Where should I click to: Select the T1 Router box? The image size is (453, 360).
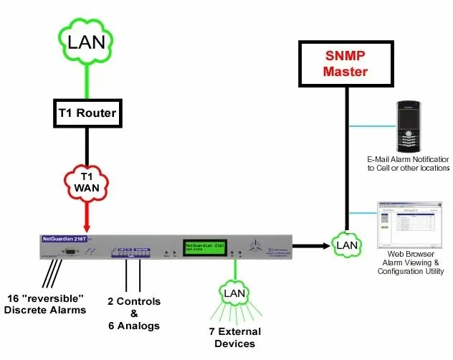pyautogui.click(x=86, y=113)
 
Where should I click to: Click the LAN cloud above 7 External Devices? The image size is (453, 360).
pyautogui.click(x=234, y=293)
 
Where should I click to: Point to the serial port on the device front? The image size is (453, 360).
pyautogui.click(x=71, y=250)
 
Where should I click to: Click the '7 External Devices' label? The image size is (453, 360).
pyautogui.click(x=234, y=338)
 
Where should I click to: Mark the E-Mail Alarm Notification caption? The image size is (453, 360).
pyautogui.click(x=408, y=164)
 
